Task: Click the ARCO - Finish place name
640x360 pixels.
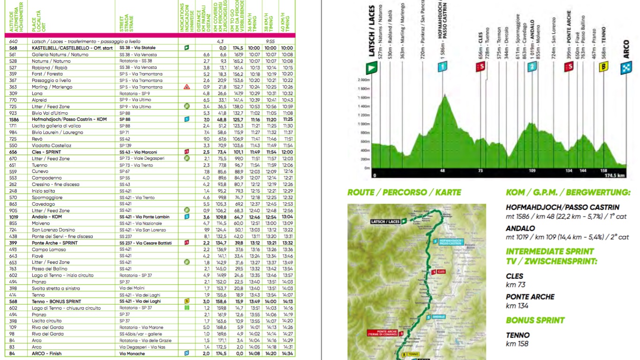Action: point(46,353)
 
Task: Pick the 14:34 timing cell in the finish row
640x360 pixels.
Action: point(288,353)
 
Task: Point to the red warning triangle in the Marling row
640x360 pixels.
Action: point(187,87)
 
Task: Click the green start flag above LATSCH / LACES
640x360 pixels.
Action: point(372,68)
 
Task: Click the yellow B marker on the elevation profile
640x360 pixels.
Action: point(604,67)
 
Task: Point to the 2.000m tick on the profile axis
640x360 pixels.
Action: point(364,80)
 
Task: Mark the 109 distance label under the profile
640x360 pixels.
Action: point(532,171)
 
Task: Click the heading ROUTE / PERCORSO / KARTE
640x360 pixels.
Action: point(404,192)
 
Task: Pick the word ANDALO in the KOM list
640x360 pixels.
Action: point(521,229)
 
